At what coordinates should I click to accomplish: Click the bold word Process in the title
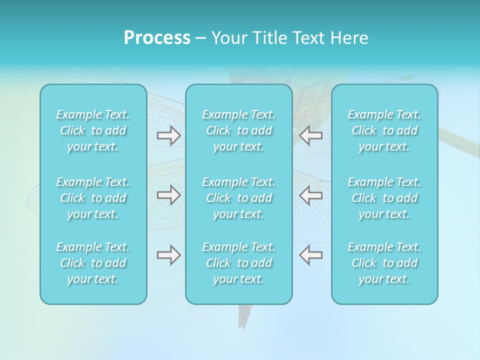pyautogui.click(x=157, y=38)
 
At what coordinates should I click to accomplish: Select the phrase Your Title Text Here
pyautogui.click(x=289, y=38)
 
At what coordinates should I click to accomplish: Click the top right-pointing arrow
pyautogui.click(x=169, y=135)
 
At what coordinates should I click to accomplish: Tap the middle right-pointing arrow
pyautogui.click(x=169, y=195)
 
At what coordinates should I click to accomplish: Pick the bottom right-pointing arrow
pyautogui.click(x=169, y=255)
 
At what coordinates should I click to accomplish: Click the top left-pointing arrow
pyautogui.click(x=311, y=135)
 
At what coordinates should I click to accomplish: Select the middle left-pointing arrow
pyautogui.click(x=311, y=195)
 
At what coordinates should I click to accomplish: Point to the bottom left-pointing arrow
pyautogui.click(x=311, y=255)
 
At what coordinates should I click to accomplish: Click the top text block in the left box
pyautogui.click(x=93, y=130)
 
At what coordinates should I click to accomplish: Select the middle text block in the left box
pyautogui.click(x=93, y=198)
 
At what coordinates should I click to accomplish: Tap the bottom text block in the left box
pyautogui.click(x=93, y=263)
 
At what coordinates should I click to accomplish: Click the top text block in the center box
pyautogui.click(x=239, y=130)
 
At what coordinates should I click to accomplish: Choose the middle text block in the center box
pyautogui.click(x=239, y=198)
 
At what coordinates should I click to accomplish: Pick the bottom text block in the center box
pyautogui.click(x=239, y=263)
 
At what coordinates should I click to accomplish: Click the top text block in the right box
pyautogui.click(x=384, y=130)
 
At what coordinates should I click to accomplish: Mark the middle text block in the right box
pyautogui.click(x=384, y=198)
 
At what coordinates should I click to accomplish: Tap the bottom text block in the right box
pyautogui.click(x=384, y=263)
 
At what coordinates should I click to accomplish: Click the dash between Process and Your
pyautogui.click(x=201, y=38)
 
